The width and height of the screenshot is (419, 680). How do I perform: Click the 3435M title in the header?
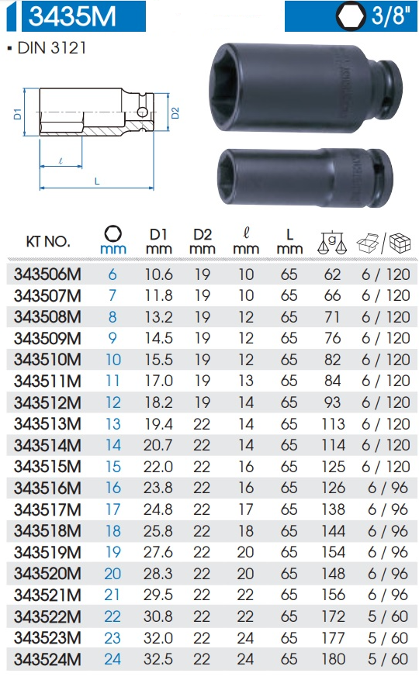[72, 16]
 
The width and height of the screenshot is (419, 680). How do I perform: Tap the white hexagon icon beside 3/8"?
[351, 16]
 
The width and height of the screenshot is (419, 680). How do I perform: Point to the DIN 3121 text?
[52, 48]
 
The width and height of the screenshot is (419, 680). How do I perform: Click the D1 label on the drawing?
[17, 114]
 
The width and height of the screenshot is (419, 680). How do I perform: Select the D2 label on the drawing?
[175, 113]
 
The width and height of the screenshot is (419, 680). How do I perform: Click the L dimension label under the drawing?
[97, 181]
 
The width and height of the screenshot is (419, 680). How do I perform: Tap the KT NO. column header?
[48, 242]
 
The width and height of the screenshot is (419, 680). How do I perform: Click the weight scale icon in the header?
[332, 243]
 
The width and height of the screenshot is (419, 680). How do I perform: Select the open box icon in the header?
[367, 243]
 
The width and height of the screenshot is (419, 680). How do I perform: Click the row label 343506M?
[47, 274]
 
